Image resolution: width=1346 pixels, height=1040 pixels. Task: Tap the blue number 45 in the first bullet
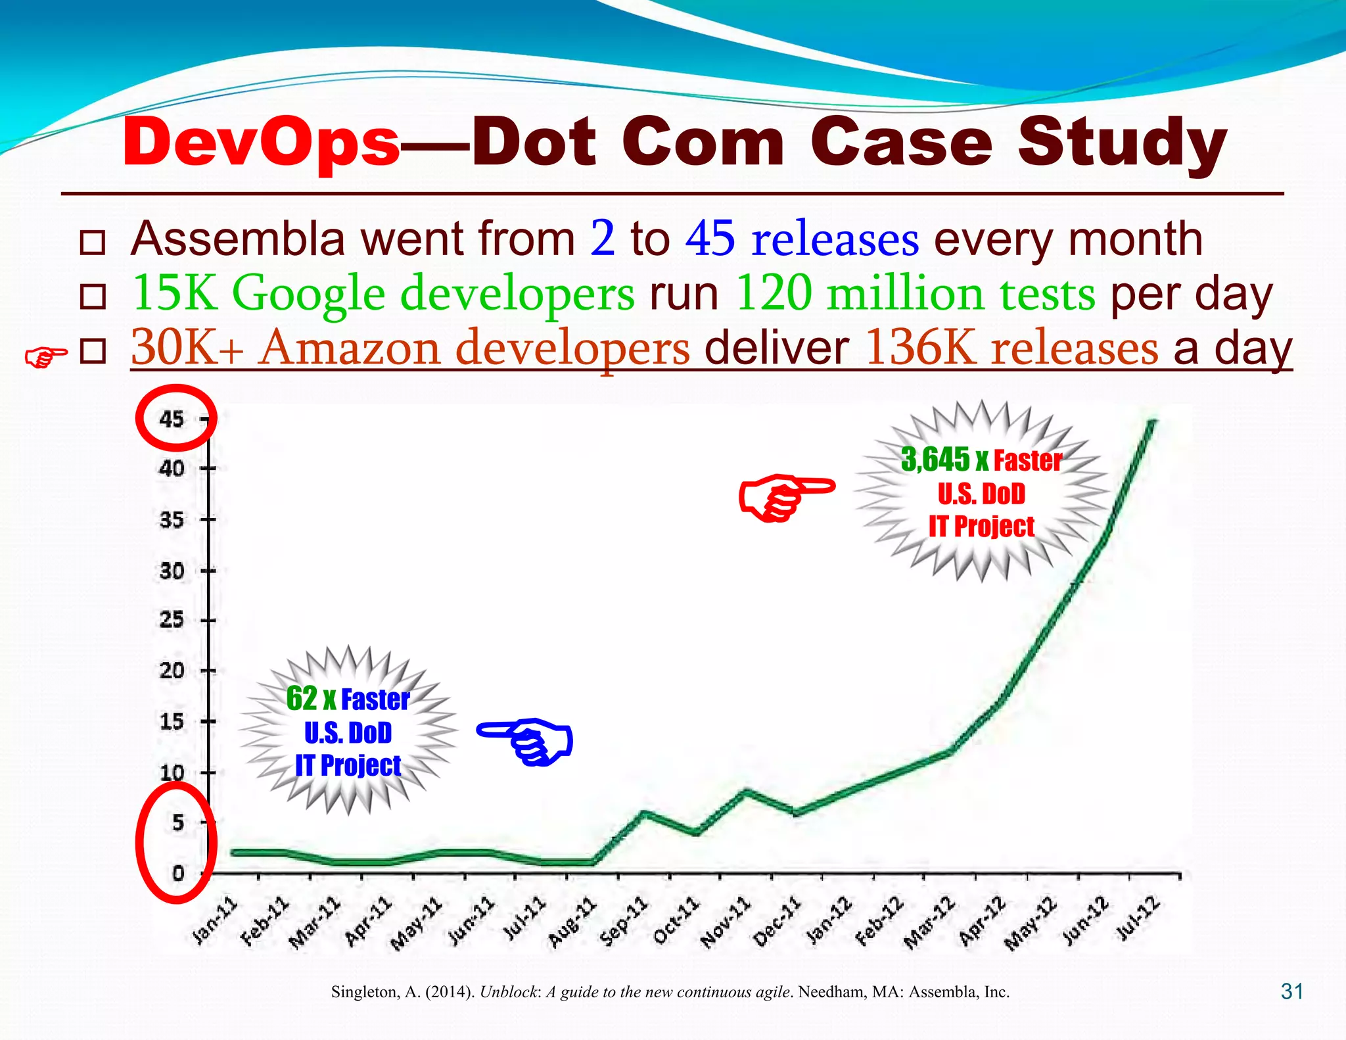(x=710, y=239)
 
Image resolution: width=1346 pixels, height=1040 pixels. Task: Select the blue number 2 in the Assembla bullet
(x=603, y=239)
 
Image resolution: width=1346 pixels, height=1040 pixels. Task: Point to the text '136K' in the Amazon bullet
(x=919, y=348)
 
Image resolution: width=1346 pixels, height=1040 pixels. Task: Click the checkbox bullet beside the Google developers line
(x=93, y=297)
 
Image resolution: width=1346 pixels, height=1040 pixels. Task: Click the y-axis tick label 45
(x=172, y=419)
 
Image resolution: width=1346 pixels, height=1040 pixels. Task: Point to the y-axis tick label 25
(x=172, y=620)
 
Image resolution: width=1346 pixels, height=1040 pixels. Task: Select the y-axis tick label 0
(x=178, y=874)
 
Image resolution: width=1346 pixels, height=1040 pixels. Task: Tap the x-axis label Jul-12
(x=1138, y=918)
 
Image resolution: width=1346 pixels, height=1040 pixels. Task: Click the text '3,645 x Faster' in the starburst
(x=981, y=460)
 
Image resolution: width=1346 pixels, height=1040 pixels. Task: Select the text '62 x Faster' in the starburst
(x=348, y=699)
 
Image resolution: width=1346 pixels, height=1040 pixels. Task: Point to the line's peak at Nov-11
(x=745, y=791)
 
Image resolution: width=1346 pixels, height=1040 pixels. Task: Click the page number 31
(x=1291, y=991)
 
